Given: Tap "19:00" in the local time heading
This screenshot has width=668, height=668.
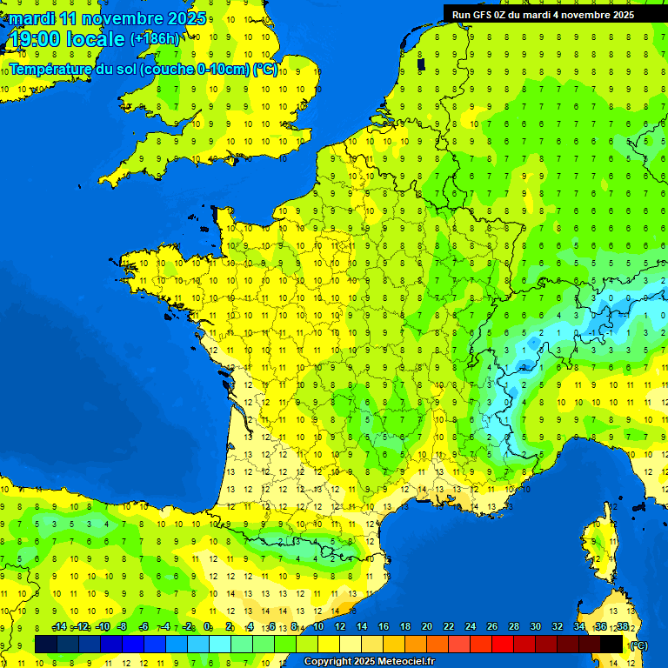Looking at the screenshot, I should pos(36,39).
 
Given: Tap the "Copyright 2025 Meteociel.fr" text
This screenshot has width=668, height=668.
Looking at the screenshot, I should pos(369,662).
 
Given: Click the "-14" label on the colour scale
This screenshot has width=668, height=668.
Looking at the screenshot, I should pos(59,627).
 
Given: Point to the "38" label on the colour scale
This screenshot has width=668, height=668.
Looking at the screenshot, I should pos(622,627).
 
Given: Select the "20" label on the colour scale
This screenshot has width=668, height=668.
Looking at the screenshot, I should pos(427,627).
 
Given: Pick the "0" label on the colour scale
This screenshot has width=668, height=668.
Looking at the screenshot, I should pos(208,627).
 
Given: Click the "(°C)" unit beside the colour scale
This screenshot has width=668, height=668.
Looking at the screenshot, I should pos(639,645).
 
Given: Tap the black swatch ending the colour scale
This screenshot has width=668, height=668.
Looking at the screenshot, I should pos(611,644).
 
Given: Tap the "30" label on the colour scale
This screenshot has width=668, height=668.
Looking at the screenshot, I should pos(536,627).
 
